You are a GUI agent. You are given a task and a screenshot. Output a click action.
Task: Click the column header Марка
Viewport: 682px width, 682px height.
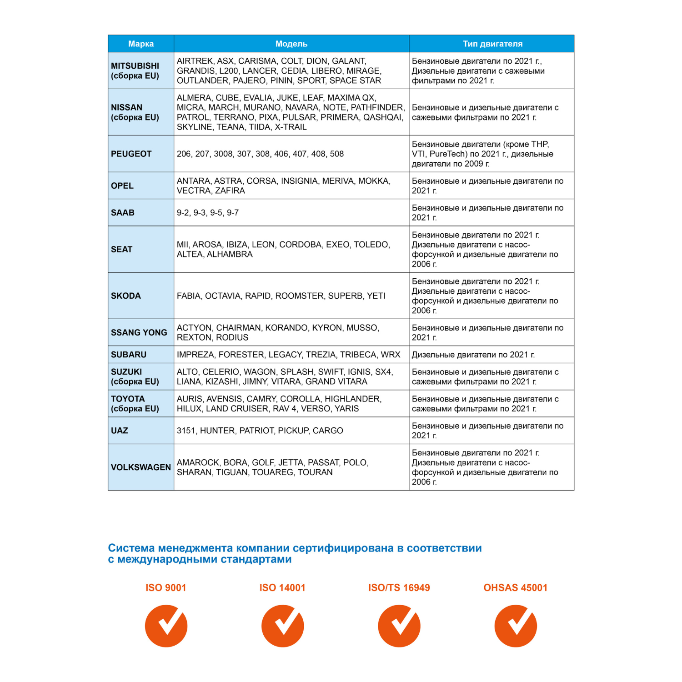point(140,44)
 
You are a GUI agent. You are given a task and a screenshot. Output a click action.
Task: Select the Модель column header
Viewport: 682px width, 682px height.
point(291,44)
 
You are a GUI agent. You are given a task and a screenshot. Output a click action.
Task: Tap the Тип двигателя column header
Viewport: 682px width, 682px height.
point(492,44)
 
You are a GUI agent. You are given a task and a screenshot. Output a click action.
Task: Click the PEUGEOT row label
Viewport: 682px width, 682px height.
point(131,154)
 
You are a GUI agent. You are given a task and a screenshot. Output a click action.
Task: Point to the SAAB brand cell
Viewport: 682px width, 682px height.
point(123,212)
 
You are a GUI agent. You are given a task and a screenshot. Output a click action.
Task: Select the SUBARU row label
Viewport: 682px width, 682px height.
point(129,355)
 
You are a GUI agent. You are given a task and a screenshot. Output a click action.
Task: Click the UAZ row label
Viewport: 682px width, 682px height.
point(120,431)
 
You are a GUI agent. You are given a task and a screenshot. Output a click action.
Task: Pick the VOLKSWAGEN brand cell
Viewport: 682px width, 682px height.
point(141,467)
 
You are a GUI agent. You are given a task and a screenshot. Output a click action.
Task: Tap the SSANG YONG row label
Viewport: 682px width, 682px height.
point(139,332)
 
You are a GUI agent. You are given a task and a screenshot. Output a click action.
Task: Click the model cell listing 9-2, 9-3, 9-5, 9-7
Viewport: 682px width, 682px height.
point(208,212)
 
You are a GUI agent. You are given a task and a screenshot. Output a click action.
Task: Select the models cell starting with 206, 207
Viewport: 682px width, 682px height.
point(260,154)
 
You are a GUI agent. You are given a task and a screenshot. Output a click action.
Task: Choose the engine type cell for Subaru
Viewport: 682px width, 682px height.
point(473,355)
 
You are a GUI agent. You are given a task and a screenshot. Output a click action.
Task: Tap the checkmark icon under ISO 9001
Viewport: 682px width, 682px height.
point(166,626)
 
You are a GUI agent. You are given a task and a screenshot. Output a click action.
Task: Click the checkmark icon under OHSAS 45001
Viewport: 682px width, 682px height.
point(516,626)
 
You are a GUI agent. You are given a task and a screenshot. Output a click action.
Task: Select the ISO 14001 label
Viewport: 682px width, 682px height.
point(282,587)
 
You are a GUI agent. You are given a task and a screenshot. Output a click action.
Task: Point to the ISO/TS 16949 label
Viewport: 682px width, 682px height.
point(399,587)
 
